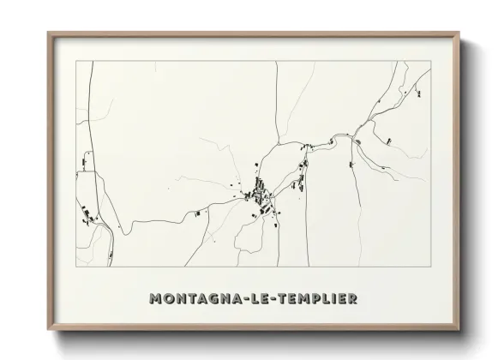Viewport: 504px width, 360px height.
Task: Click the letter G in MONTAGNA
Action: coord(204,299)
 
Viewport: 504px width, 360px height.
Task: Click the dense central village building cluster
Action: coord(259,194)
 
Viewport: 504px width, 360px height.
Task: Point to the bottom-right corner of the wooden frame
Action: coord(459,331)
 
